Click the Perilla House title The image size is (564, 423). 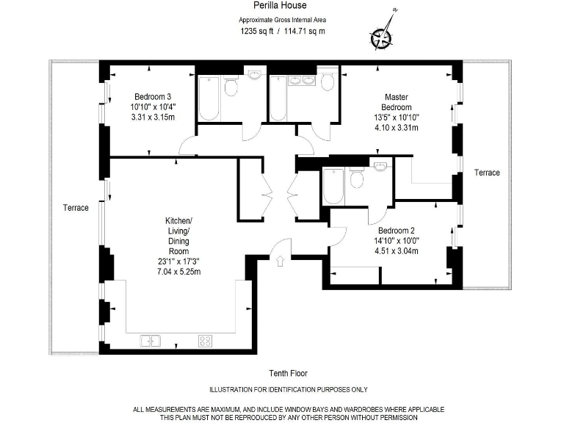[283, 7]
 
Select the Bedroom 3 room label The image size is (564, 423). [153, 96]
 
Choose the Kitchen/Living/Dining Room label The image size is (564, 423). [178, 236]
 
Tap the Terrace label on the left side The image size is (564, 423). [76, 208]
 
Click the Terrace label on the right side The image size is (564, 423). [486, 173]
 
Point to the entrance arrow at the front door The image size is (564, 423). [281, 259]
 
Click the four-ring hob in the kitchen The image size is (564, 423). [205, 341]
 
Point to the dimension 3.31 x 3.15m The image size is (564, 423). [153, 117]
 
